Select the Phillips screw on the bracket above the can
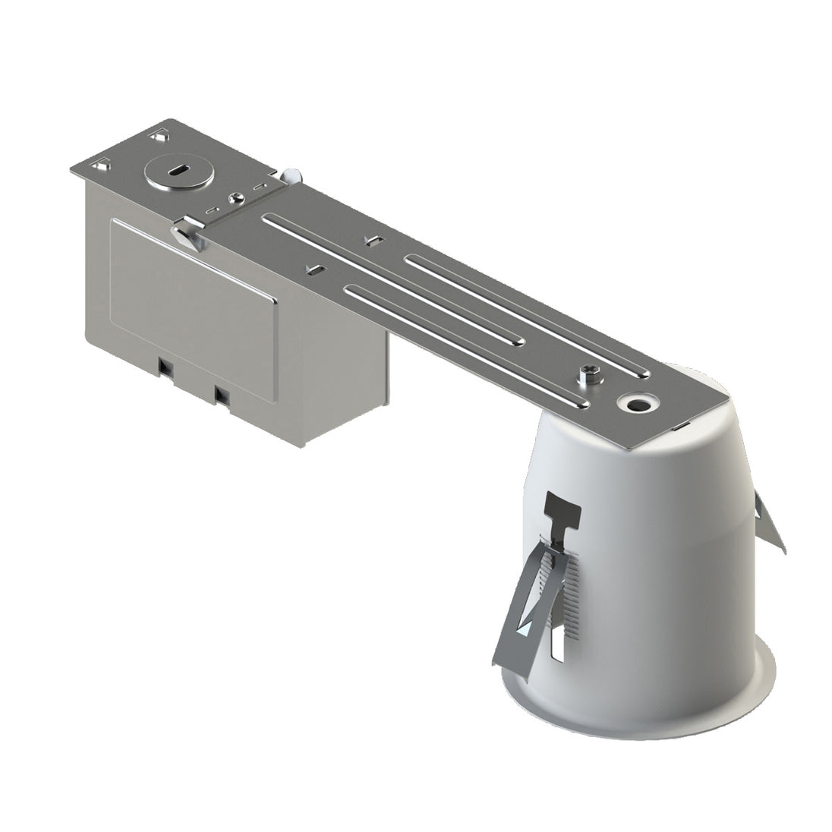tap(590, 373)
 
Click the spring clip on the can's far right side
tap(770, 524)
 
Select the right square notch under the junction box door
tap(222, 394)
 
